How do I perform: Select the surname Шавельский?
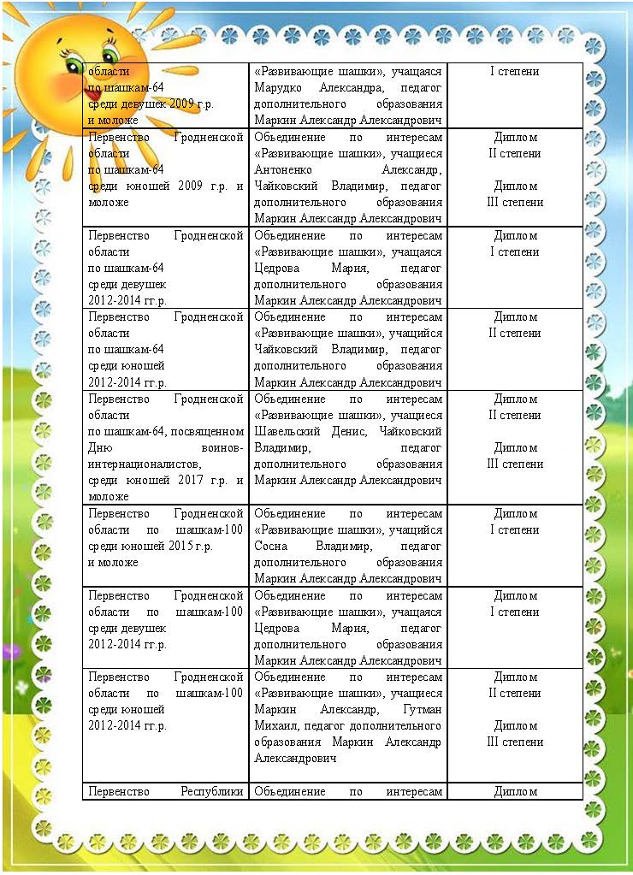coord(287,431)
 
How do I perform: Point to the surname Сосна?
coord(271,546)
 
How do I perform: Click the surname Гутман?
coord(423,709)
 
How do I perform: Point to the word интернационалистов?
coord(141,464)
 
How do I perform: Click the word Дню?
coord(99,447)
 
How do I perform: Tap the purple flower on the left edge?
coord(11,652)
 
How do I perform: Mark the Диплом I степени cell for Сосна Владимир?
coord(515,521)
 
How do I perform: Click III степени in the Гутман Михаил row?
coord(515,742)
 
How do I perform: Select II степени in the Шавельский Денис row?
coord(515,415)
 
